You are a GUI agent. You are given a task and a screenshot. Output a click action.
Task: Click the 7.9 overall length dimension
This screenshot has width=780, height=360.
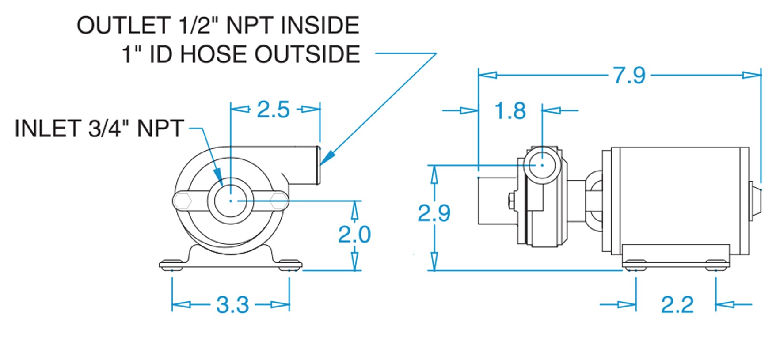(x=629, y=76)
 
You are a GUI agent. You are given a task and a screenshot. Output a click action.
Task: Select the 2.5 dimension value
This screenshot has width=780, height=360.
(x=273, y=110)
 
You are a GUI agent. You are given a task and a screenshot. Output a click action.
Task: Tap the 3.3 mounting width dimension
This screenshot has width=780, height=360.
(x=232, y=305)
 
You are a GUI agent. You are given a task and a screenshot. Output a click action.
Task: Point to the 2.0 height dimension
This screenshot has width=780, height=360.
(x=354, y=234)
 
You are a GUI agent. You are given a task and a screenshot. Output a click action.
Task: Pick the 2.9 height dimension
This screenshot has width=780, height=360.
(x=434, y=213)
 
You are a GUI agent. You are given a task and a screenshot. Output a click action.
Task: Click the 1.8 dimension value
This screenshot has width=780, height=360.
(x=510, y=111)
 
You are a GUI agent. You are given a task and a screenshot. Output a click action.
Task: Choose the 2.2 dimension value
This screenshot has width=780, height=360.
(x=677, y=305)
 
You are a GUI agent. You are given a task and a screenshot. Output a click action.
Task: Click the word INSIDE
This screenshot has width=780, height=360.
(x=320, y=25)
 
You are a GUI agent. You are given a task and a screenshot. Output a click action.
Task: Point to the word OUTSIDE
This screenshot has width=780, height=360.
(x=307, y=54)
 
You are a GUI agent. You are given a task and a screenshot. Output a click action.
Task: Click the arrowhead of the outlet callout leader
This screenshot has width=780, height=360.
(x=327, y=158)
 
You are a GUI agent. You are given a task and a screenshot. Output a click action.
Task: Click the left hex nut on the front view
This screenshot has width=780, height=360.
(x=182, y=201)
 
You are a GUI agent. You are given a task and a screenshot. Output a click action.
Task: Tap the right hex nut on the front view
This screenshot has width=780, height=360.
(x=278, y=201)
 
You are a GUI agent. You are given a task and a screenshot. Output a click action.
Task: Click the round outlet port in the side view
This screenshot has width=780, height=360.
(x=542, y=165)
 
